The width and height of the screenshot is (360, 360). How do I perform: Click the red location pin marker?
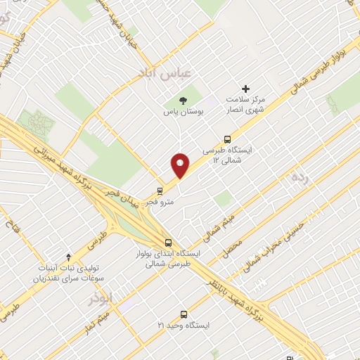click(181, 165)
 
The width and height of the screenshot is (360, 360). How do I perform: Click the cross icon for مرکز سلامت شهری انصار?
click(245, 89)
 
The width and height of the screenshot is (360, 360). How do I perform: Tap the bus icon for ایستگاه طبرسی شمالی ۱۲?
click(226, 139)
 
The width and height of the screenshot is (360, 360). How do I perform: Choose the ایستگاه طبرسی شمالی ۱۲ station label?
click(227, 155)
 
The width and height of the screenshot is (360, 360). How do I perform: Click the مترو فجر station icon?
click(160, 190)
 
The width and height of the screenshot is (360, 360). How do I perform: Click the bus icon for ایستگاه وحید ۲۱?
click(184, 314)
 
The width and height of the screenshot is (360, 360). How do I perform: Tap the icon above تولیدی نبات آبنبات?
click(68, 257)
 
